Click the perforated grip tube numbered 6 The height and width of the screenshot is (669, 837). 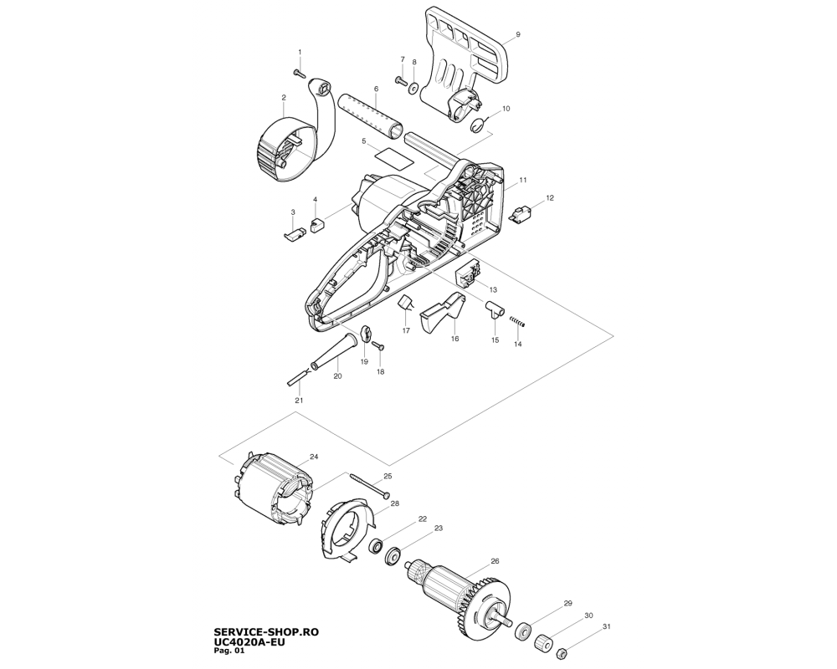(369, 116)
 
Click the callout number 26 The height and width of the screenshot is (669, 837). (495, 560)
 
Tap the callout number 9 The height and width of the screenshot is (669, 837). (518, 34)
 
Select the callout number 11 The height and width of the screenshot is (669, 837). (522, 180)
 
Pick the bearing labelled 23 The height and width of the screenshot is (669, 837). (393, 556)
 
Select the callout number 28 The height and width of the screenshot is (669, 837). (394, 503)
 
